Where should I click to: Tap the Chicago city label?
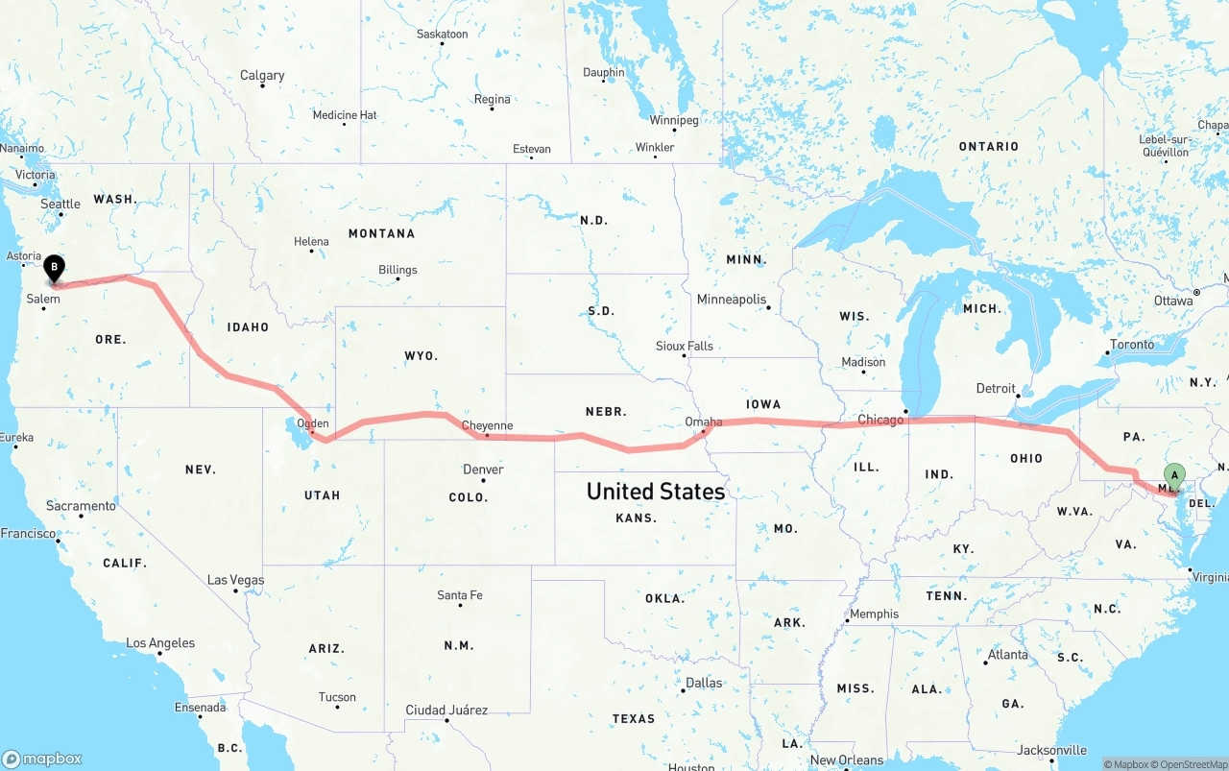880,420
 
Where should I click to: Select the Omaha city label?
704,422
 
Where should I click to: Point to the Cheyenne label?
487,425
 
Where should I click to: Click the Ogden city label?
313,423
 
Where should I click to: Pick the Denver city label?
483,470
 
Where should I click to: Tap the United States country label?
656,492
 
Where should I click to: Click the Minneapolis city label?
732,300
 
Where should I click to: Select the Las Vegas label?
236,580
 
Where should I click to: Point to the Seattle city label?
60,204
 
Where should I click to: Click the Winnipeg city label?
674,120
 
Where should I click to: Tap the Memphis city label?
874,614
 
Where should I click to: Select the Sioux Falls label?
685,346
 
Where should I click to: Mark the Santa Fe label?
460,595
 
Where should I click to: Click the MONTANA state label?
381,233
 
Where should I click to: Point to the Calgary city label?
262,75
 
